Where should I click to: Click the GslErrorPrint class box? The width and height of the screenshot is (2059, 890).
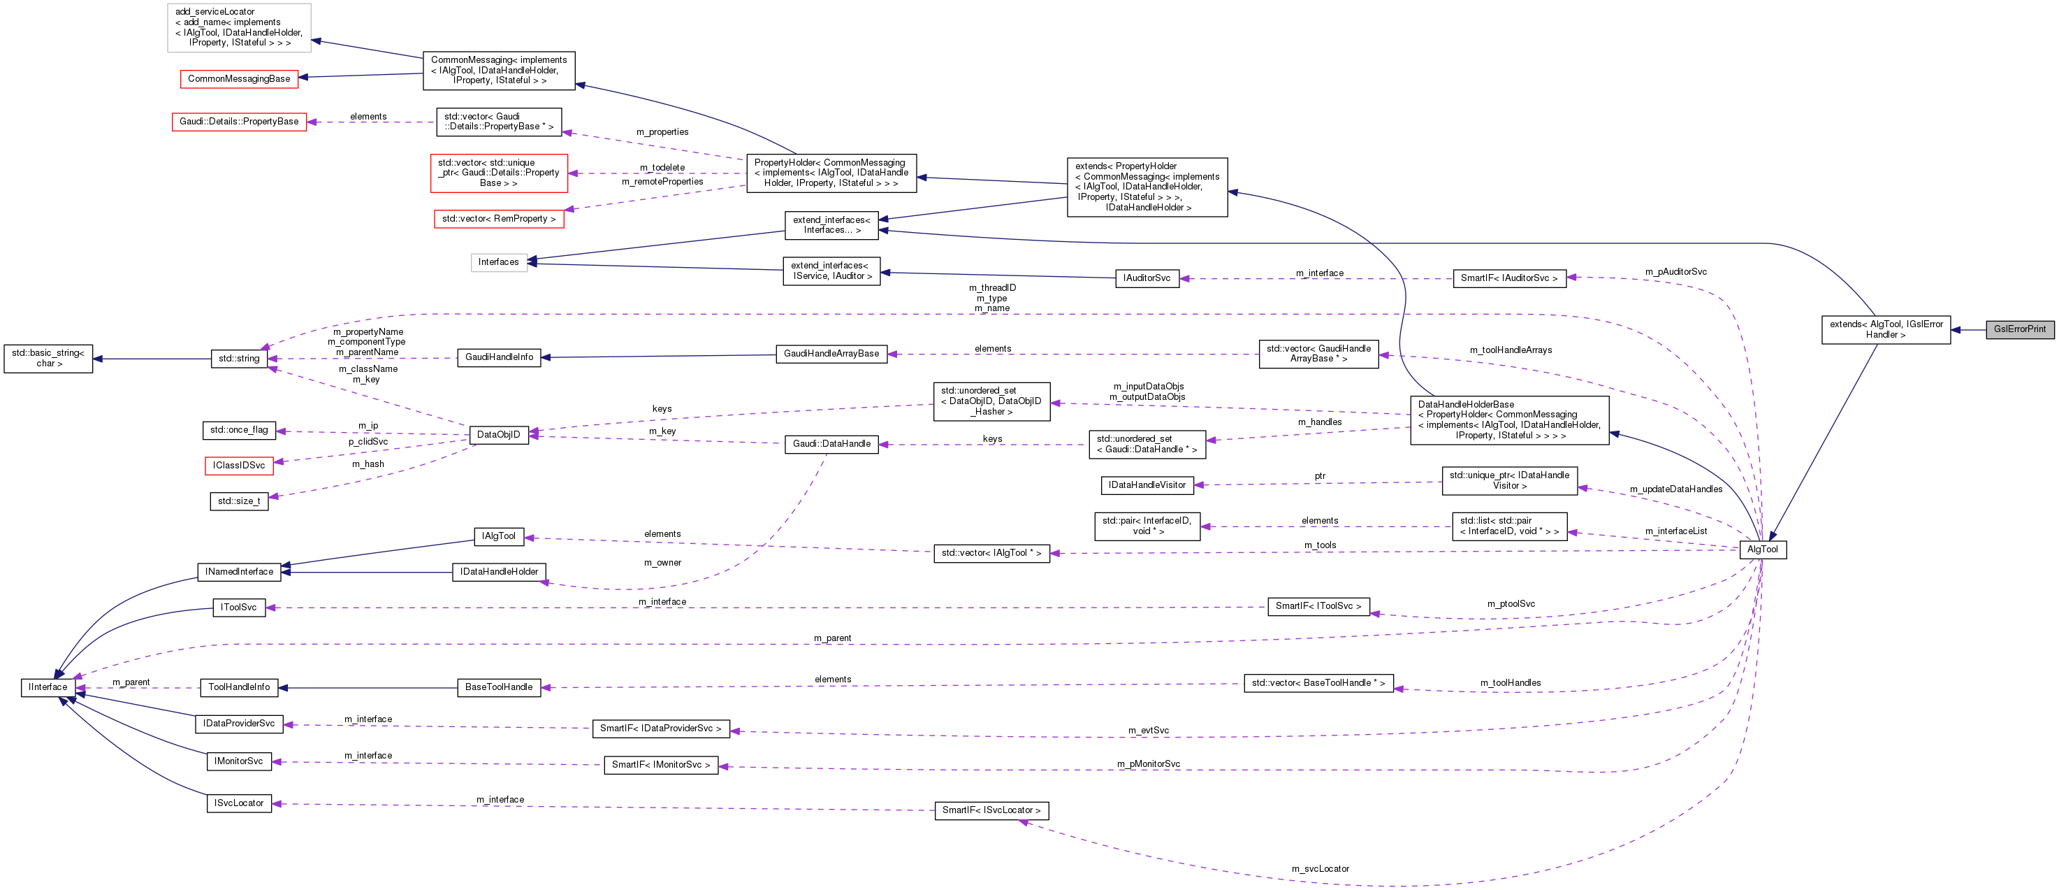point(2019,329)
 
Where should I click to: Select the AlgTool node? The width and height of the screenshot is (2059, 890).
point(1763,550)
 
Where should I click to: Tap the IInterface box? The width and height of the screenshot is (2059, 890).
point(48,687)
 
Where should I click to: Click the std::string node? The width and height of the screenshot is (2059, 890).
point(239,358)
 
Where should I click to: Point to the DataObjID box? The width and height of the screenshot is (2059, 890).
point(498,434)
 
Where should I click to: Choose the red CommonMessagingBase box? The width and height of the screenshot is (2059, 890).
point(239,78)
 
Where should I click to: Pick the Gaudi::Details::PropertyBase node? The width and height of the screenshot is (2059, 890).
point(239,122)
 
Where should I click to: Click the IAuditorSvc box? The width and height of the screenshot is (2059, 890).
point(1147,278)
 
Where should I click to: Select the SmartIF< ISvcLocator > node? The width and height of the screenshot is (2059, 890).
point(991,810)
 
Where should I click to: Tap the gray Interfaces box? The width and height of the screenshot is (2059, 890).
point(499,261)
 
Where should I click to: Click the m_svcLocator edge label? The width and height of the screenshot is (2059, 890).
point(1320,868)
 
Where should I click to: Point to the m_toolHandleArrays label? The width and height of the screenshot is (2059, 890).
point(1511,350)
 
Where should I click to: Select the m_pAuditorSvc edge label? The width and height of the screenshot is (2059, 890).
point(1675,272)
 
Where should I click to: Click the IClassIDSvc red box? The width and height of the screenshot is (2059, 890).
point(239,466)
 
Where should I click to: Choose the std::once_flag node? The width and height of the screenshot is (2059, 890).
point(239,430)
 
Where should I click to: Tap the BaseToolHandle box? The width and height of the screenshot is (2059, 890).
point(499,687)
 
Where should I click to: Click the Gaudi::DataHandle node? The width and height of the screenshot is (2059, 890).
point(831,444)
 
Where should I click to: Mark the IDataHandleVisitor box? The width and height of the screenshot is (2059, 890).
point(1147,485)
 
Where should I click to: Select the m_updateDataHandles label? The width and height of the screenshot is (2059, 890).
point(1676,489)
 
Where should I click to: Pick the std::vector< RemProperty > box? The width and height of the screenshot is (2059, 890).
point(499,218)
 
